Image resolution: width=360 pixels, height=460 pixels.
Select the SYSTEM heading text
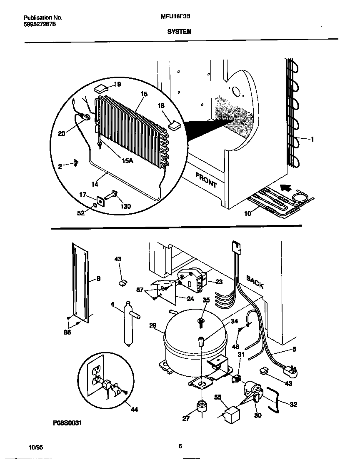179,31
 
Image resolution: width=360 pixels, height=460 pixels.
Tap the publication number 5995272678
40,24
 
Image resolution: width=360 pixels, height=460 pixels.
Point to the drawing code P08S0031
67,423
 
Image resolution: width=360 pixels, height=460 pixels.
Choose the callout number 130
125,206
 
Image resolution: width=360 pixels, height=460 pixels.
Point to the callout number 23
219,282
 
